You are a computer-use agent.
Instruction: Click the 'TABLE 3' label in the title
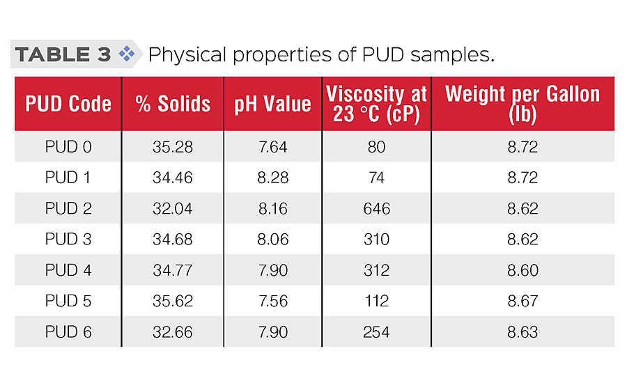(63, 55)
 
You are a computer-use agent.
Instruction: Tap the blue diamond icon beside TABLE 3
(126, 54)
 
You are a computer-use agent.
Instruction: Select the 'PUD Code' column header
(68, 104)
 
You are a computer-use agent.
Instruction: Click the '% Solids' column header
(173, 104)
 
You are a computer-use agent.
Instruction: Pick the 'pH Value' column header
(272, 104)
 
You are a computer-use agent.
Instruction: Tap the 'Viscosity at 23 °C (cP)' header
(376, 104)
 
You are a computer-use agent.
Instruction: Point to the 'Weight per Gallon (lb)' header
(522, 104)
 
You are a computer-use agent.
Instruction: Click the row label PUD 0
(68, 147)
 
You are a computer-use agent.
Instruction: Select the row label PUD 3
(68, 239)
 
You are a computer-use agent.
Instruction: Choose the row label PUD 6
(68, 331)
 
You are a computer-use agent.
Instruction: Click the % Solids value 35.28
(173, 147)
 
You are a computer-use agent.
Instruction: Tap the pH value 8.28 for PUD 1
(272, 178)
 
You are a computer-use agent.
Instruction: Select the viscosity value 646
(376, 208)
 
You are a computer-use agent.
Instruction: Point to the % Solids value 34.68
(173, 239)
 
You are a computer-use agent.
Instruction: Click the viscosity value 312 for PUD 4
(376, 270)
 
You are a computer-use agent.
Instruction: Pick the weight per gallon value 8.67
(522, 301)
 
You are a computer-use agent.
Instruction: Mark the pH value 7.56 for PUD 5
(272, 301)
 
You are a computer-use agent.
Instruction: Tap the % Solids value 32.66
(173, 331)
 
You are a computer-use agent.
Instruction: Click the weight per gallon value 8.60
(522, 270)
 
